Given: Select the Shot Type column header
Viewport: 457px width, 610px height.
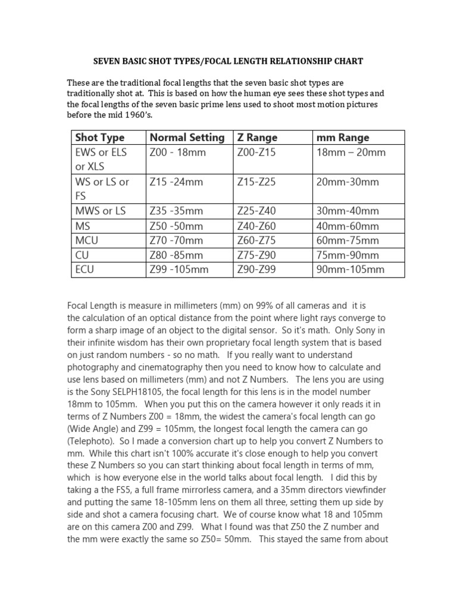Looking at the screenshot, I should (100, 138).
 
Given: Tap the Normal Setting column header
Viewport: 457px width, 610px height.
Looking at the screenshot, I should (187, 138).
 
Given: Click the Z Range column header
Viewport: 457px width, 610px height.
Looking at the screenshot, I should (257, 138).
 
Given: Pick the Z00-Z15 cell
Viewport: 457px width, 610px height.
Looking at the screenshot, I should (256, 152).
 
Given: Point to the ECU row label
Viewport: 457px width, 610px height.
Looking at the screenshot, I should (86, 269).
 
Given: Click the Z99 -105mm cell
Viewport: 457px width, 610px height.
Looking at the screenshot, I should (179, 269).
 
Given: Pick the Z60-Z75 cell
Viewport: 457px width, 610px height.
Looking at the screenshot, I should (256, 241).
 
